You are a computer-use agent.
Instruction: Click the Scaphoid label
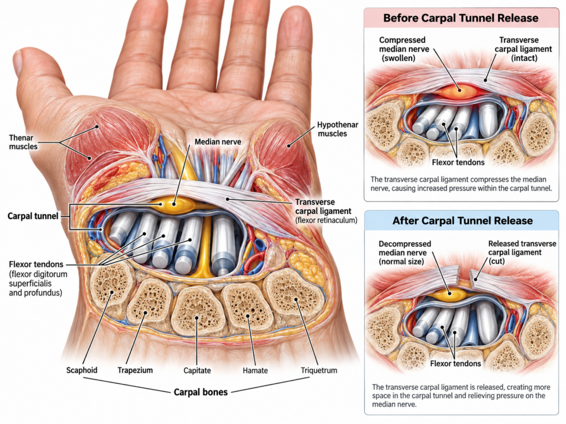[x=82, y=370]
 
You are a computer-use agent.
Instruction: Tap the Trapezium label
[x=135, y=370]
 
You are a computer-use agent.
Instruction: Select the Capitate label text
[x=197, y=370]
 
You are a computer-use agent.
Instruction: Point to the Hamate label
[x=255, y=370]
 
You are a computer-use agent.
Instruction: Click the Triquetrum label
[x=319, y=370]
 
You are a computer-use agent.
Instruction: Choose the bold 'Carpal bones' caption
[x=201, y=393]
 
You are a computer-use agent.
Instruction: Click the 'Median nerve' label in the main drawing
[x=218, y=142]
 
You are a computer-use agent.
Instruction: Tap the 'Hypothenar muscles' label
[x=338, y=129]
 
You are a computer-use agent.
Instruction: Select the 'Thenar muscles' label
[x=23, y=142]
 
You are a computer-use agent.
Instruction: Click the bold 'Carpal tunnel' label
[x=33, y=216]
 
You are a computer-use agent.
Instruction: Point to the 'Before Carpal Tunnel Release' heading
[x=461, y=18]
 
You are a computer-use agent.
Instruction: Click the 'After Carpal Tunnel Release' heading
[x=463, y=221]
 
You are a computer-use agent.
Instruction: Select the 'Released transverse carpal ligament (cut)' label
[x=522, y=252]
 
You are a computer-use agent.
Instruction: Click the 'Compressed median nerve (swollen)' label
[x=404, y=49]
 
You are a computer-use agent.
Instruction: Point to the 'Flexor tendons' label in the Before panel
[x=458, y=163]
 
